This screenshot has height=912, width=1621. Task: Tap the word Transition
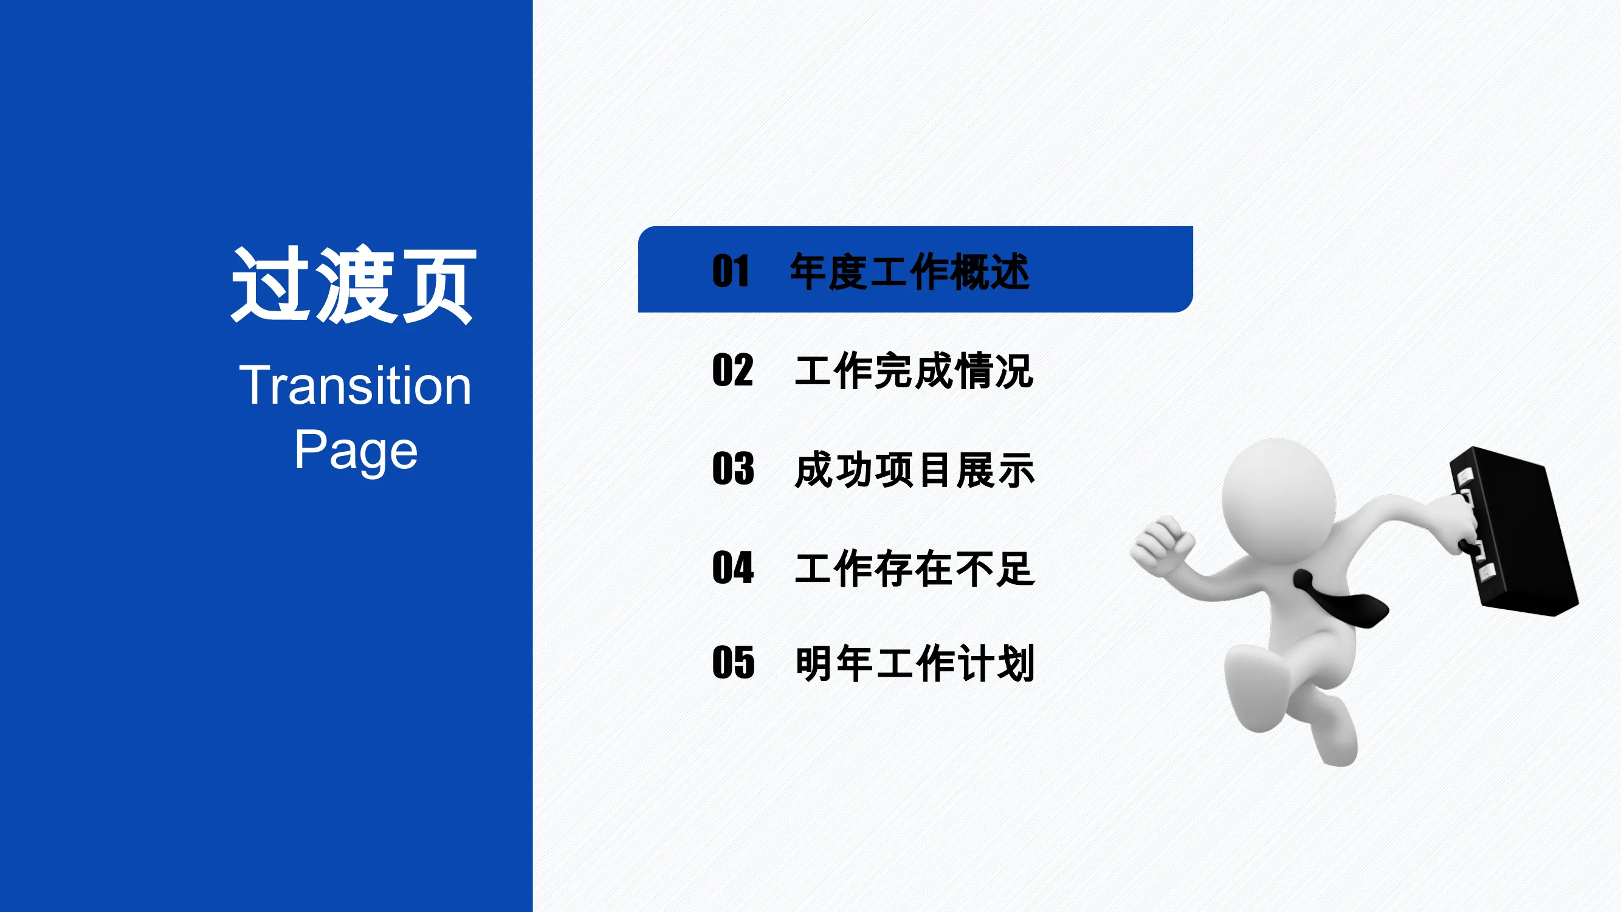(355, 385)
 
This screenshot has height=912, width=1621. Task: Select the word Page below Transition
(356, 451)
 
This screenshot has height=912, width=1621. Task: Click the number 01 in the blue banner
(731, 271)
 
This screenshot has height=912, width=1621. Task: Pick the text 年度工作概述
(910, 271)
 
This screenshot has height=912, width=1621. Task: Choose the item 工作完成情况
(914, 371)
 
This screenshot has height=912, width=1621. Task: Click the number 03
(733, 468)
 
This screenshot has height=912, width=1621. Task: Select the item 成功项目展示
(914, 469)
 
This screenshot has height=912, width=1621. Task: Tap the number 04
(733, 567)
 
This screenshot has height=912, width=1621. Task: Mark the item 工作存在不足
(914, 568)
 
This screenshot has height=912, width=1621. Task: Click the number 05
(733, 662)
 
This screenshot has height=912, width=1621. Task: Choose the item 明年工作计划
(914, 663)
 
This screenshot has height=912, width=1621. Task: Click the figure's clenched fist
(1162, 545)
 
